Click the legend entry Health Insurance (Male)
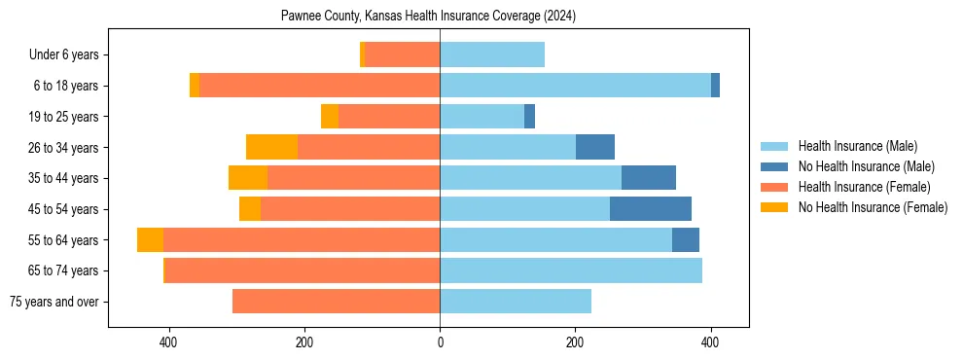tap(857, 146)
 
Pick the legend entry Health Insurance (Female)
tap(864, 187)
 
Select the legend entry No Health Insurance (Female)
tap(873, 207)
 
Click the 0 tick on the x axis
tap(440, 342)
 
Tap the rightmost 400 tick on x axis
tap(710, 342)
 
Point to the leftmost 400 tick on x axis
tap(169, 342)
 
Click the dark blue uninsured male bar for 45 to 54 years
tap(651, 209)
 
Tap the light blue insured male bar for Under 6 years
tap(492, 55)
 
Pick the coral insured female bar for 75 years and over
tap(336, 302)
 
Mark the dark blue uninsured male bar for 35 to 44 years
tap(649, 178)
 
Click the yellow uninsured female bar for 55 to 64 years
tap(150, 240)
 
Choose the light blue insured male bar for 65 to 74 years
tap(571, 270)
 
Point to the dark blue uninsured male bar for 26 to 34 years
tap(595, 148)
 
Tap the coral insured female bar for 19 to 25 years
tap(389, 117)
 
